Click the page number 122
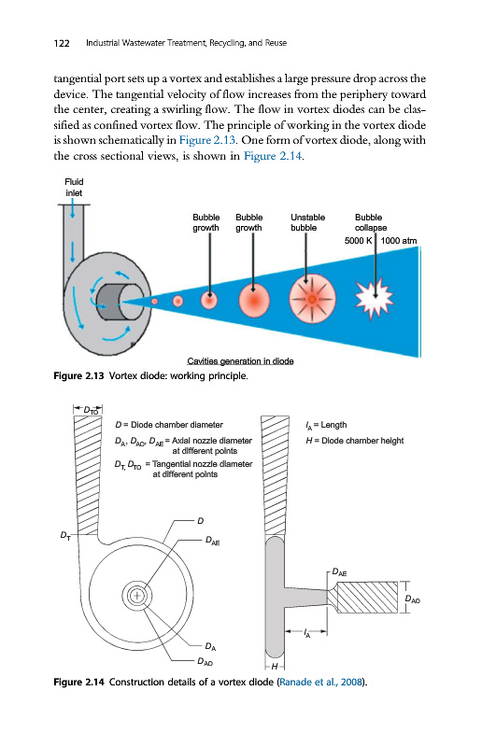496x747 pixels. [62, 43]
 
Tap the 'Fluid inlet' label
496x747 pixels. [74, 188]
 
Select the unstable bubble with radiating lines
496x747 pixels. [312, 299]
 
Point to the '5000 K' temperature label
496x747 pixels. [358, 241]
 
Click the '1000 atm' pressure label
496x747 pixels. [398, 241]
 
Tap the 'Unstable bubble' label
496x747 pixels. [308, 222]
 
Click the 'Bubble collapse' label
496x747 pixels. [370, 222]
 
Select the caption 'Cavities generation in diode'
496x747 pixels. [240, 361]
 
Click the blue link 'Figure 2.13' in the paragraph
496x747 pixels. [207, 140]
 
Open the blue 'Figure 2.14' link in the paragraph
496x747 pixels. [273, 156]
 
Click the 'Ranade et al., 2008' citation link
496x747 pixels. [320, 682]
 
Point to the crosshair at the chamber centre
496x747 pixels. [137, 595]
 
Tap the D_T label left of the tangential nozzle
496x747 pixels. [65, 535]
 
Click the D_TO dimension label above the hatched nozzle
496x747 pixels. [91, 410]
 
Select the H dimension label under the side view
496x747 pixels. [274, 667]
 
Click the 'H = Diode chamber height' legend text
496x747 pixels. [355, 441]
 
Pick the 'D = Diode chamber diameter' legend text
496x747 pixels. [169, 425]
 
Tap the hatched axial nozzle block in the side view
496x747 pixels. [366, 597]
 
